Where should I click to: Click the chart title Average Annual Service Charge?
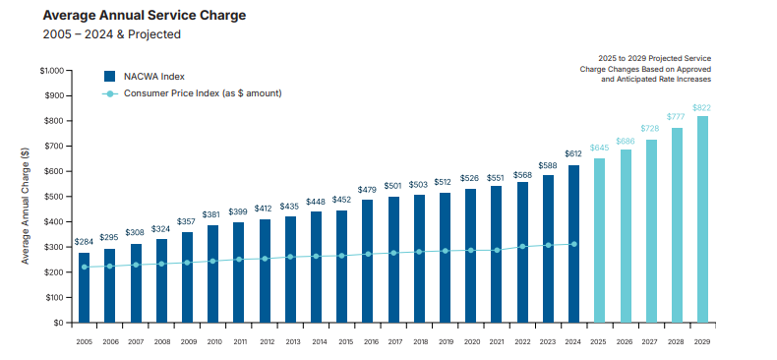145,15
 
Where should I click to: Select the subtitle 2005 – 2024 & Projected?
112,34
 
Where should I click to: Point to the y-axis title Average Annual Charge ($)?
25,205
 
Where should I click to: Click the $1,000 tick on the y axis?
51,71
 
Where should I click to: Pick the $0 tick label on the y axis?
58,323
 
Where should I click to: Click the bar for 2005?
85,287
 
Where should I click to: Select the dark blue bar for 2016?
367,261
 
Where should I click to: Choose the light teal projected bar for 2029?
702,219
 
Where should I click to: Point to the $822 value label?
702,107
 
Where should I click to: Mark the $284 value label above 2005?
85,242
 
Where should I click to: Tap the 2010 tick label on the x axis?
212,341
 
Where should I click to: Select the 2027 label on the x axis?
651,341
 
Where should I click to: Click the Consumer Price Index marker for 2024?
573,244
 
